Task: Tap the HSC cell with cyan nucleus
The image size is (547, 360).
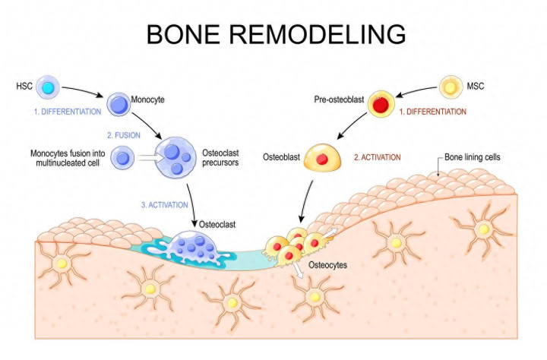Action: point(47,88)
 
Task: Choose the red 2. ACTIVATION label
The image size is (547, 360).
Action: point(378,159)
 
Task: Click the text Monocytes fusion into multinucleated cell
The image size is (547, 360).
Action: point(65,157)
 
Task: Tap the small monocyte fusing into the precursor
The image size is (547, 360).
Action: point(123,158)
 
